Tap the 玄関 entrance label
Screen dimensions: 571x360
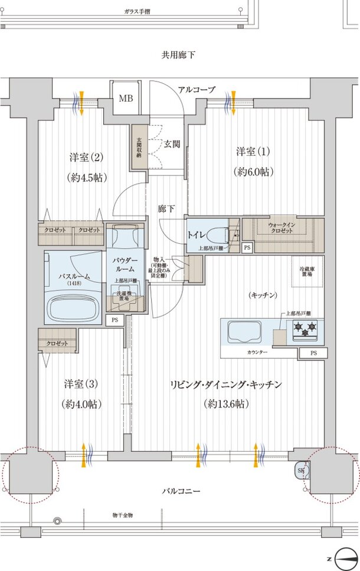pyautogui.click(x=172, y=143)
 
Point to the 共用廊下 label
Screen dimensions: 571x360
pyautogui.click(x=178, y=55)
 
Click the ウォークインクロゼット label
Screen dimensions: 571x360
pyautogui.click(x=280, y=227)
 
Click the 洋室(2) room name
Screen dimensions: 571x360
pyautogui.click(x=86, y=158)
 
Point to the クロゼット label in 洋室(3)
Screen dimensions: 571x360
pyautogui.click(x=58, y=343)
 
